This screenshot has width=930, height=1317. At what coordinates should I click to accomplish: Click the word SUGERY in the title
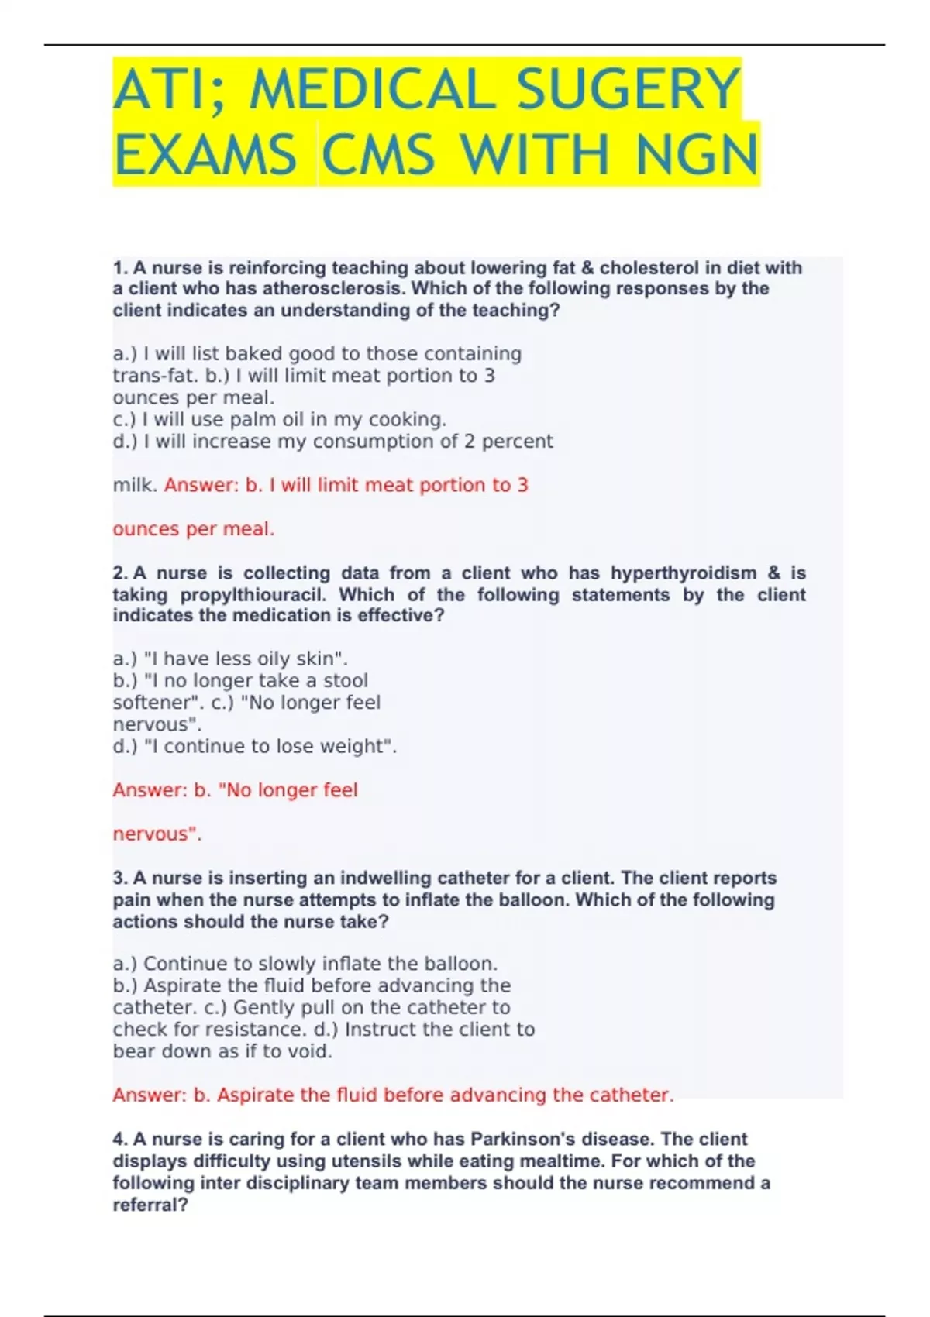tap(628, 89)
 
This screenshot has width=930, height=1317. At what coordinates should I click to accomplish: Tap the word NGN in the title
tap(696, 155)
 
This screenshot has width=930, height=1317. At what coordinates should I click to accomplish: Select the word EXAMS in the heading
tap(205, 155)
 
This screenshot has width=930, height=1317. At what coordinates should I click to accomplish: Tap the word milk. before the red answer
tap(136, 486)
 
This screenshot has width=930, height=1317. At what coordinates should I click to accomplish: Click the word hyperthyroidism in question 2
tap(684, 573)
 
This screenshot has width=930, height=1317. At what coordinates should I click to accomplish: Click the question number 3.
tap(120, 879)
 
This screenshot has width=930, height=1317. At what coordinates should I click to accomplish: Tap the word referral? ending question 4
tap(150, 1205)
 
